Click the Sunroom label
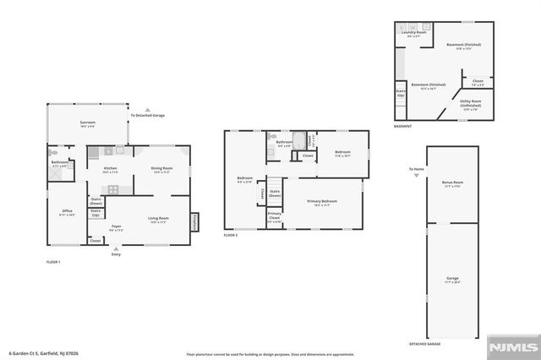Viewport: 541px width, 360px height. point(88,123)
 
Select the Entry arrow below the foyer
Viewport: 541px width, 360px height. point(116,249)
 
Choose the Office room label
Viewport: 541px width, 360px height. point(68,212)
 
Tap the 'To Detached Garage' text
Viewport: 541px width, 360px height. point(147,116)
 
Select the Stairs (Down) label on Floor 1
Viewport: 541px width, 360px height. point(96,202)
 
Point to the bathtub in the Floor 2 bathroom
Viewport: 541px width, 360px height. point(298,139)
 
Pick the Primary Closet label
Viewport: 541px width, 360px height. point(275,215)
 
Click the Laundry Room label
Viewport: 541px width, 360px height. point(413,33)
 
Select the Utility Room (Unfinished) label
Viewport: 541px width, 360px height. point(471,105)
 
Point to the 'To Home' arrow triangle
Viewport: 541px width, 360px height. point(415,176)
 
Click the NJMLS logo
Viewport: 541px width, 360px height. point(510,346)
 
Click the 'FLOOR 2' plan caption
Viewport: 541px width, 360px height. point(232,234)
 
